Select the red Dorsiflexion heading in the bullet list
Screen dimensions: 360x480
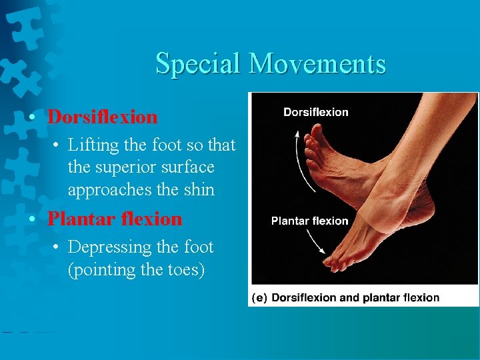click(x=103, y=117)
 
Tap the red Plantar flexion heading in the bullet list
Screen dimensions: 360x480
click(x=115, y=219)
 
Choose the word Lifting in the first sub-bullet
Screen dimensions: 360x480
click(x=92, y=145)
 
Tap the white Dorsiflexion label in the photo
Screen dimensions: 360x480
click(x=315, y=112)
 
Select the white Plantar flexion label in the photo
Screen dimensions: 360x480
click(x=309, y=221)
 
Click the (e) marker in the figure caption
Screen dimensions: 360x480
click(x=259, y=297)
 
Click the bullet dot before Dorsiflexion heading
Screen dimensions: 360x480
click(x=32, y=118)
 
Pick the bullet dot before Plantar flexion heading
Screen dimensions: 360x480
click(x=32, y=219)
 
